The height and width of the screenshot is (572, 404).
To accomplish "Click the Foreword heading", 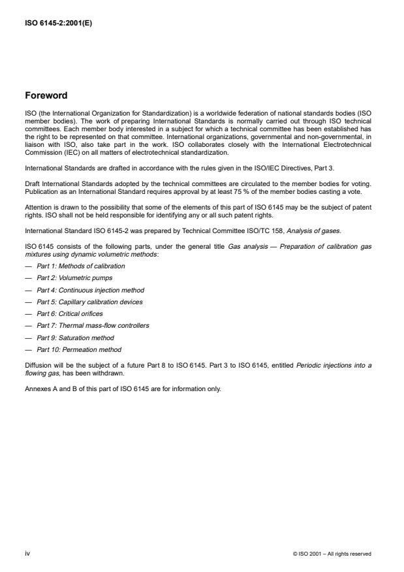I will click(x=46, y=95).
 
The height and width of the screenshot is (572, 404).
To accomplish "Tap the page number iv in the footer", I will click(x=27, y=554).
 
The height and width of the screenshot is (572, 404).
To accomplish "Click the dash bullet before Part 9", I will click(x=28, y=338).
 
